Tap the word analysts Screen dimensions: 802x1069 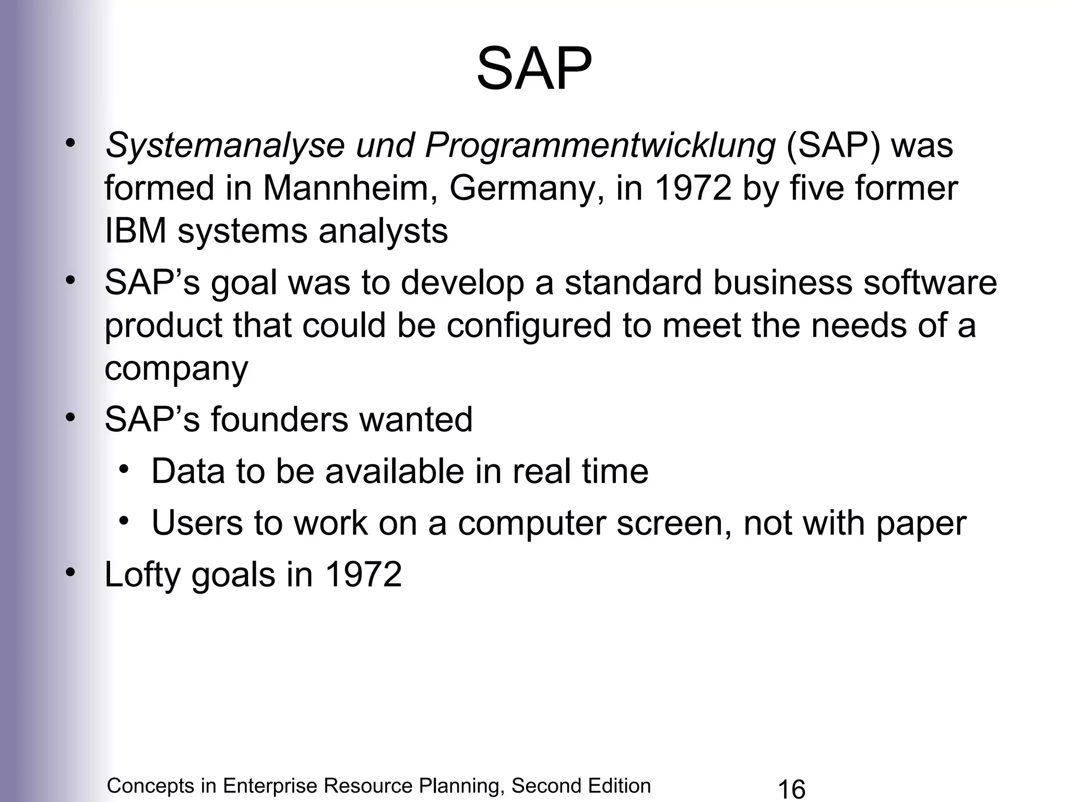pyautogui.click(x=383, y=231)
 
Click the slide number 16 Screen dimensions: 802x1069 pyautogui.click(x=791, y=788)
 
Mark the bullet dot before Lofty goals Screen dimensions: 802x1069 pyautogui.click(x=70, y=571)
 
